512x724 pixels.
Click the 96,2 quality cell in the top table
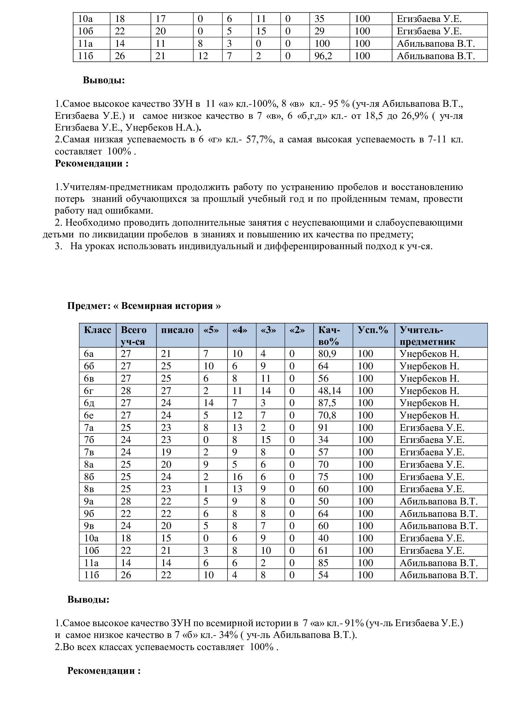[x=323, y=56]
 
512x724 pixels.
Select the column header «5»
[x=211, y=330]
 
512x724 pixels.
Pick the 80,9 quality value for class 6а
[x=327, y=354]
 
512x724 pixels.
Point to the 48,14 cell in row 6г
[x=329, y=391]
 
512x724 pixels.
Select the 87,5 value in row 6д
[x=327, y=403]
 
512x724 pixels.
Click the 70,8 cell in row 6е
[x=327, y=415]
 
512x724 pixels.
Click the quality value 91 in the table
[x=323, y=427]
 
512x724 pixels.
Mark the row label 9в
[x=89, y=526]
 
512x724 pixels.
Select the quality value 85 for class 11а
[x=323, y=563]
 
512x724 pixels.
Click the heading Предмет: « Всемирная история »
[x=144, y=306]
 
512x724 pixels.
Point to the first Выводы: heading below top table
[x=104, y=80]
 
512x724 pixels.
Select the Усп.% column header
[x=373, y=330]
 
